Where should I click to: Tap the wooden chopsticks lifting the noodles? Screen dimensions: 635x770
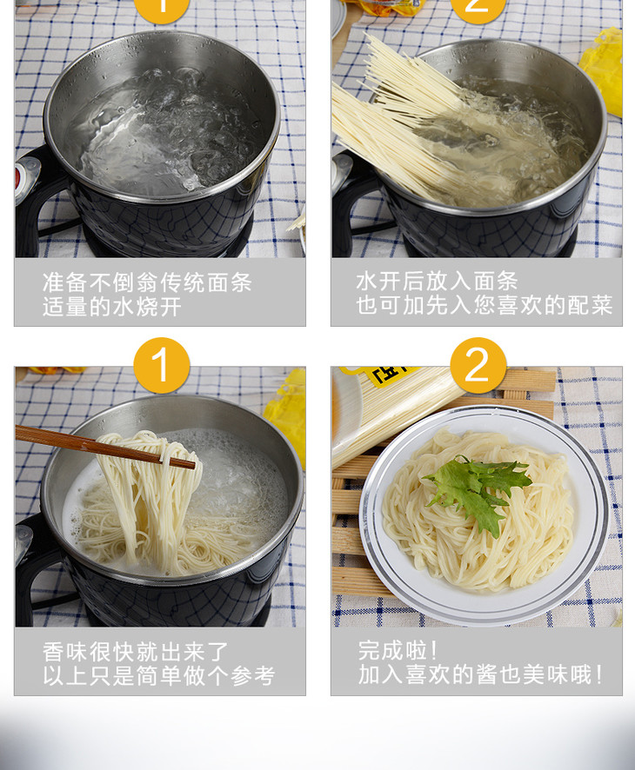click(x=104, y=447)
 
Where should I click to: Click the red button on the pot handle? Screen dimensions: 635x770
click(x=17, y=180)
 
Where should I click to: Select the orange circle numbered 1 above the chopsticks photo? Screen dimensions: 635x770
click(x=162, y=365)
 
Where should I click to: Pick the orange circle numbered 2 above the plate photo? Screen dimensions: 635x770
click(x=478, y=365)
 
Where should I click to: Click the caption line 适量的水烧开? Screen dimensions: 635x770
click(x=112, y=308)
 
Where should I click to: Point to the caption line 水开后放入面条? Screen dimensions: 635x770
click(x=437, y=282)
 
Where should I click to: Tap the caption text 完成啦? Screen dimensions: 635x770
click(x=398, y=651)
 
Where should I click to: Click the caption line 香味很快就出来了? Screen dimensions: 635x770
click(x=136, y=652)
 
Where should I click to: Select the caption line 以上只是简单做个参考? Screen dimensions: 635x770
click(x=158, y=676)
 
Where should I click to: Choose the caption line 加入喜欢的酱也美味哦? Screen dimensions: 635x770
click(x=480, y=674)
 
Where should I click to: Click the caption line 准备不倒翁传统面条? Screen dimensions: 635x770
click(x=148, y=282)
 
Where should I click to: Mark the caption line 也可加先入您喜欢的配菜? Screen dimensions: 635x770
click(x=485, y=305)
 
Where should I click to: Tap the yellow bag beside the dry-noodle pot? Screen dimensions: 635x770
click(x=603, y=71)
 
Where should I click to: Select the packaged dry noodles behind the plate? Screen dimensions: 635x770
click(x=393, y=413)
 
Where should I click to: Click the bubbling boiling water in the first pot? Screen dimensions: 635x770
click(x=164, y=133)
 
